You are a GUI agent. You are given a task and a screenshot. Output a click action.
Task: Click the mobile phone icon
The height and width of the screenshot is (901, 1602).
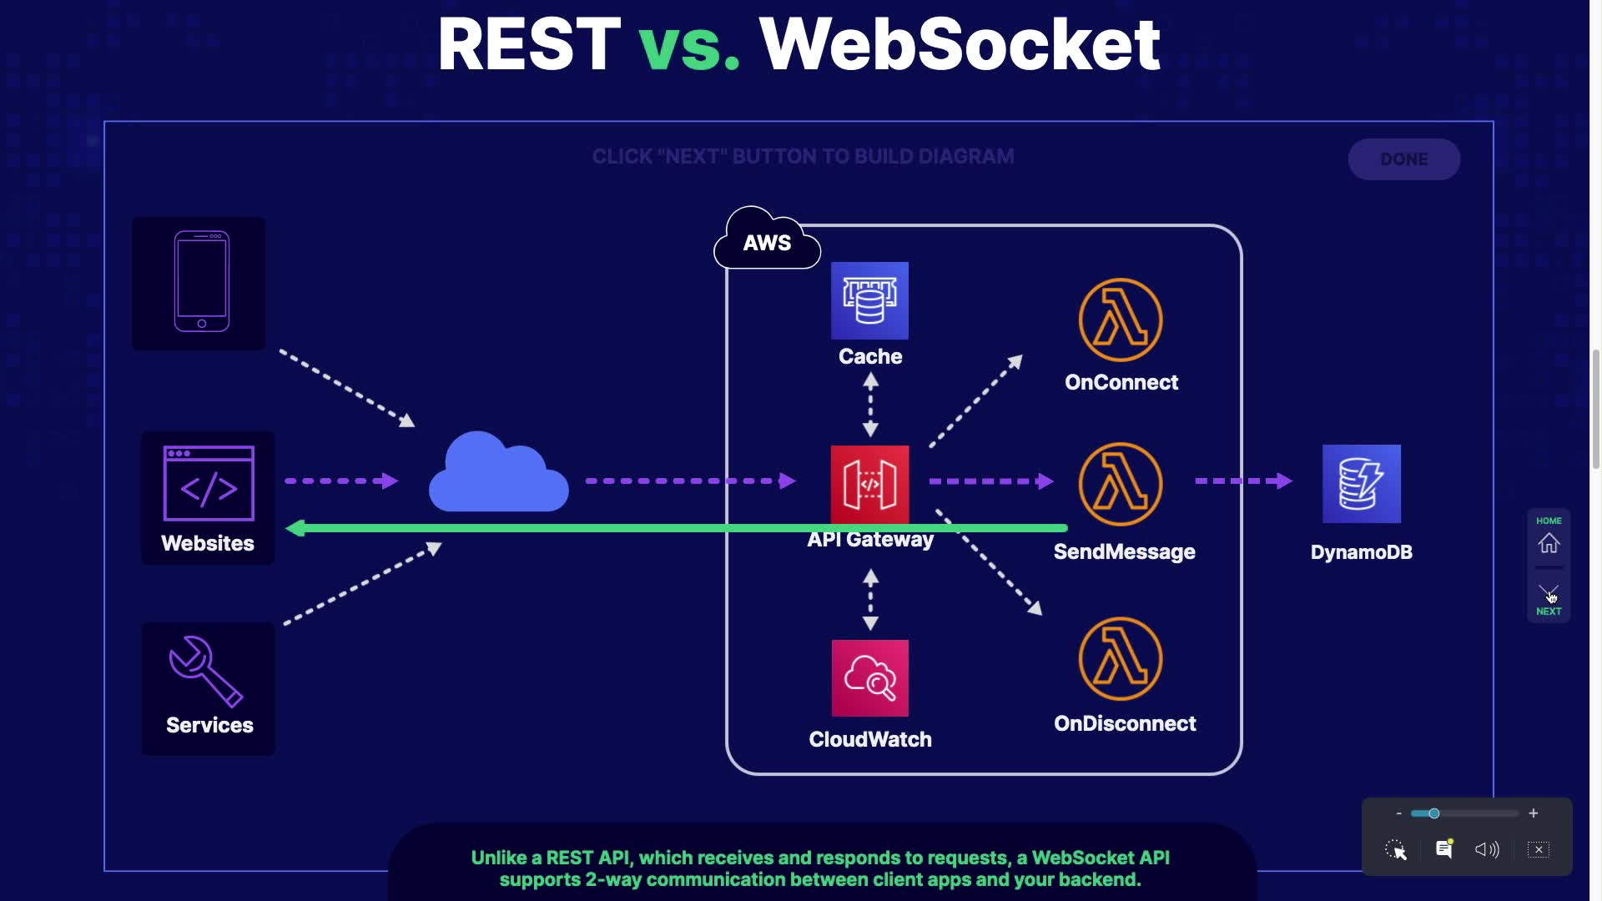coord(201,282)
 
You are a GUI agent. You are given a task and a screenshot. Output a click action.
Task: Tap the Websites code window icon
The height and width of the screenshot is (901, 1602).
coord(209,484)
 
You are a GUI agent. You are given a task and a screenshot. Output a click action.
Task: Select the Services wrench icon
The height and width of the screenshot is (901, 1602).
coord(205,671)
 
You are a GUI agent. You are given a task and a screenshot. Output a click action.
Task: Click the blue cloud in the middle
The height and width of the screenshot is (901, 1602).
coord(498,474)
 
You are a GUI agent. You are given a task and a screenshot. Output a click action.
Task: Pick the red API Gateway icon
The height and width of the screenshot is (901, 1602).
coord(869,485)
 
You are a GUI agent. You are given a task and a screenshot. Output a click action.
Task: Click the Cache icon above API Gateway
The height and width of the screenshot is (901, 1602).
coord(869,300)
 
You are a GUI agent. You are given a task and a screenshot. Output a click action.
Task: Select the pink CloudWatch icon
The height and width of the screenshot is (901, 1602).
coord(869,678)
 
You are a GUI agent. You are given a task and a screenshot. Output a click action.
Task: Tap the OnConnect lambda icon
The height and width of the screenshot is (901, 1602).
coord(1120,320)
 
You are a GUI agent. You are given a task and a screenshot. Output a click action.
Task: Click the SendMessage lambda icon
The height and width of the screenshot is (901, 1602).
coord(1120,484)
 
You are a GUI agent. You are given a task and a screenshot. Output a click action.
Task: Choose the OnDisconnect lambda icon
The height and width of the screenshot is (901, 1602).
coord(1120,659)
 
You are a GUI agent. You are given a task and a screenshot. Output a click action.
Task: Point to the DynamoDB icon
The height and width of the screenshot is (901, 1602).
coord(1361,484)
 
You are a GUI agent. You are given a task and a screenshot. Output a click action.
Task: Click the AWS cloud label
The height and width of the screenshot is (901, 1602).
coord(767,242)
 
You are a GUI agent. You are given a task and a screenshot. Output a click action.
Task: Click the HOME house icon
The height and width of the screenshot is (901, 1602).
coord(1549,544)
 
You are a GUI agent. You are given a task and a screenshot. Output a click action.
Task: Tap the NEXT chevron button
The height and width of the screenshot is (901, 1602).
coord(1549,592)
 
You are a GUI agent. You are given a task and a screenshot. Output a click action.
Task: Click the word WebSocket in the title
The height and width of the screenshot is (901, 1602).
coord(960,45)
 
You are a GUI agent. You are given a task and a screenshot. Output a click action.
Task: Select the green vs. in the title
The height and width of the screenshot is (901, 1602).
coord(689,45)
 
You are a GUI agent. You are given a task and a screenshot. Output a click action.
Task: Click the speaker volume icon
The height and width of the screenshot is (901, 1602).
coord(1486,849)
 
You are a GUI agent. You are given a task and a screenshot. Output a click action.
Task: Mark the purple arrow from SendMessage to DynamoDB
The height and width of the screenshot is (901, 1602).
coord(1243,481)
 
